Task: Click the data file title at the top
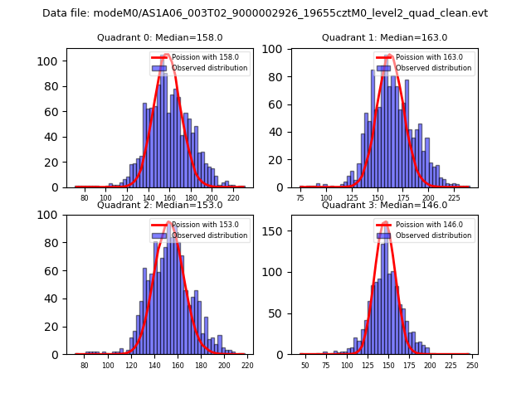(265, 13)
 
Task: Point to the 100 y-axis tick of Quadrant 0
(51, 61)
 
